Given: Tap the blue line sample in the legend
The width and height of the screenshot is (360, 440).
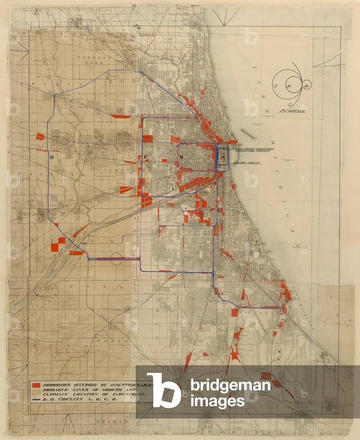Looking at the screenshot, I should [36, 399].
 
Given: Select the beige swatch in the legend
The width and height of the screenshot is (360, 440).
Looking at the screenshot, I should [36, 391].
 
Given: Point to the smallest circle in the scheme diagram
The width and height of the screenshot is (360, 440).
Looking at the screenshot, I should [306, 86].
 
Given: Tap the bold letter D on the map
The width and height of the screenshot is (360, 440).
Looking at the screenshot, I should [52, 157].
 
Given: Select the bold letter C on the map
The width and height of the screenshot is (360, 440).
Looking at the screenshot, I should [146, 156].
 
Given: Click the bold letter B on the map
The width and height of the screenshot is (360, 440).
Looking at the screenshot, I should [181, 157].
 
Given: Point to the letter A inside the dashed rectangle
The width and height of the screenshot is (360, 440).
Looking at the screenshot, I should [222, 158].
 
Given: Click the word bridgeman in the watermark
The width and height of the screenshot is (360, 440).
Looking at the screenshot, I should [230, 385].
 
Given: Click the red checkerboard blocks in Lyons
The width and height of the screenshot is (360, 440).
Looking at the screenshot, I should [58, 244].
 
